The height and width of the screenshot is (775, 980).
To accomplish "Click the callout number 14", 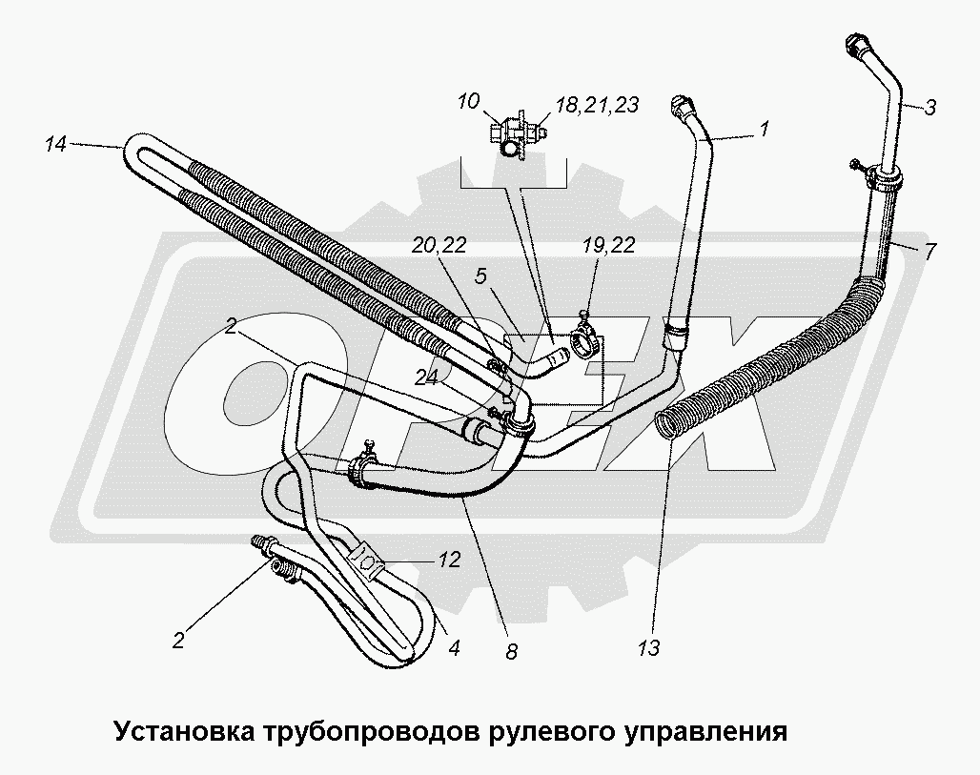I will click(55, 145).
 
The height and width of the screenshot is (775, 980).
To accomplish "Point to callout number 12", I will click(449, 560).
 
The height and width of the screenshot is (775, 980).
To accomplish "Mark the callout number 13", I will click(651, 649).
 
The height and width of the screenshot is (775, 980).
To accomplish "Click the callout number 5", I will click(482, 277).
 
